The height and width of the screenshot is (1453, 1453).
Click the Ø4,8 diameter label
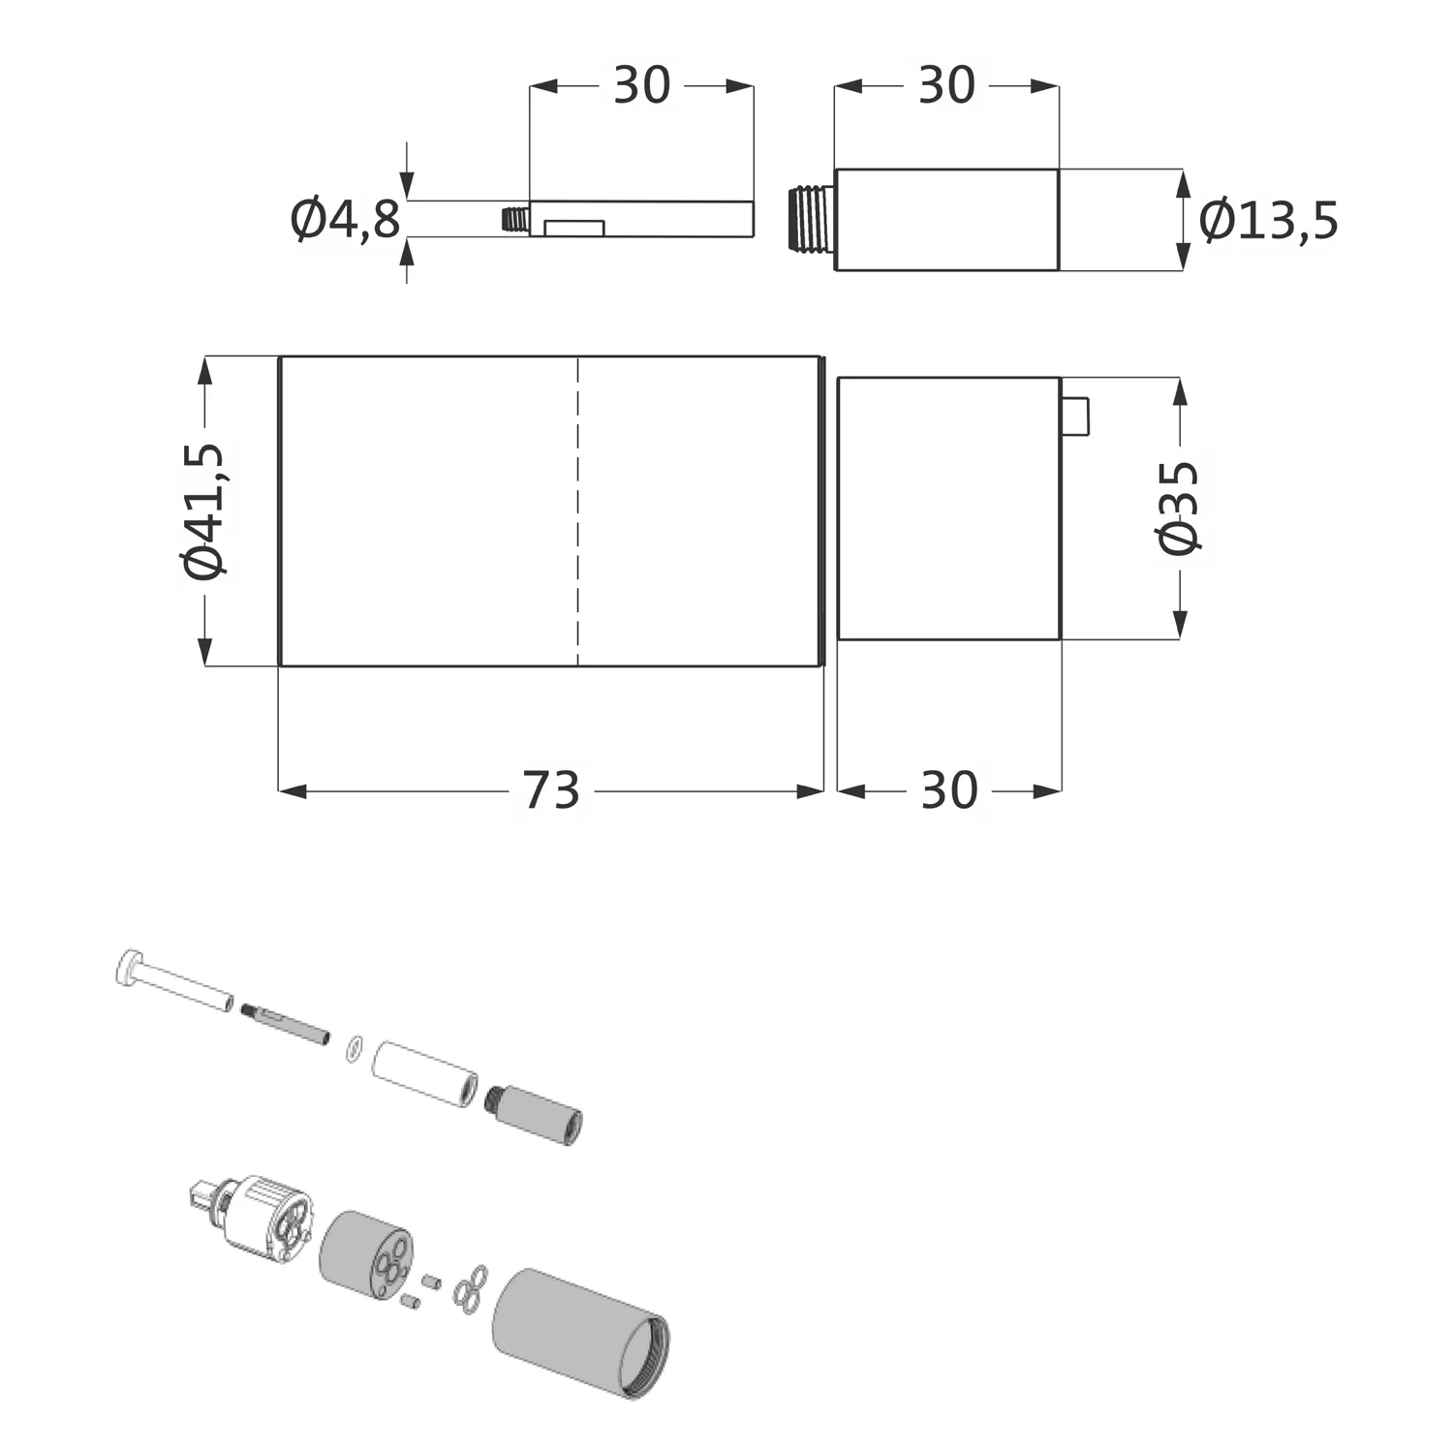click(x=345, y=220)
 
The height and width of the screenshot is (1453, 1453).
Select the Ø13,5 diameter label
click(x=1268, y=220)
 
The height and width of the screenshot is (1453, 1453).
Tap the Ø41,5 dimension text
click(x=204, y=511)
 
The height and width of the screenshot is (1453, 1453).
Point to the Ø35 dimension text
click(x=1178, y=508)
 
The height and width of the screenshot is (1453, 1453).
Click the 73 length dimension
click(x=551, y=790)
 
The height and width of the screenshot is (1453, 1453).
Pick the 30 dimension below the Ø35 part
click(x=949, y=790)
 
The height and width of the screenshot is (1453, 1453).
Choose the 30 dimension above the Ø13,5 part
click(x=946, y=85)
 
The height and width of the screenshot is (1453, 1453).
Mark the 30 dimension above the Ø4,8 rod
click(x=642, y=85)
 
